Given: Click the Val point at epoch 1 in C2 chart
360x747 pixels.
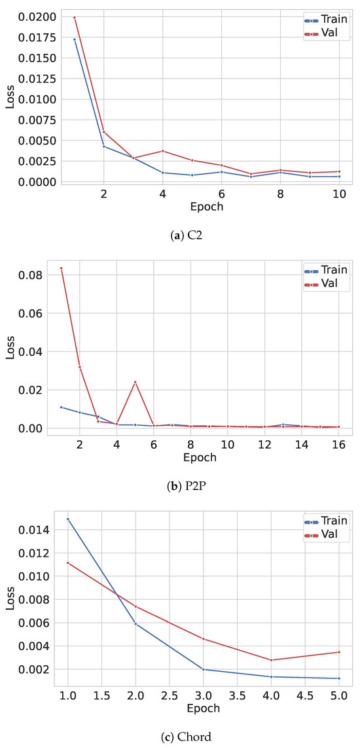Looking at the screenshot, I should (74, 18).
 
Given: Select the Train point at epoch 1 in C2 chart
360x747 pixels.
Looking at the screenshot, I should (74, 39).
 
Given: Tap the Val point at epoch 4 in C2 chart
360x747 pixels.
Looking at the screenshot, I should (162, 151).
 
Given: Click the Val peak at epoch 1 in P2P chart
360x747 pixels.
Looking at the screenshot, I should (61, 268).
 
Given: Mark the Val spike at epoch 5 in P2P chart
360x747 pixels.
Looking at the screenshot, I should (135, 382).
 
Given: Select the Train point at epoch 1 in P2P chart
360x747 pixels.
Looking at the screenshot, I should (61, 407).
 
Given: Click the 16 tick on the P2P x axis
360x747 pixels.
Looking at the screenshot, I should (338, 445).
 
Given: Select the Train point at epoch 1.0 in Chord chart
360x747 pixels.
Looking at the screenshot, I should (67, 519).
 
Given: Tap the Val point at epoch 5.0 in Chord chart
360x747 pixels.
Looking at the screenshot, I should (338, 652).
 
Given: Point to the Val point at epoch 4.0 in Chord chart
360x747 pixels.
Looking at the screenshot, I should (271, 660).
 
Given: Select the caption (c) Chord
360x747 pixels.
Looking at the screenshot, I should (179, 737).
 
